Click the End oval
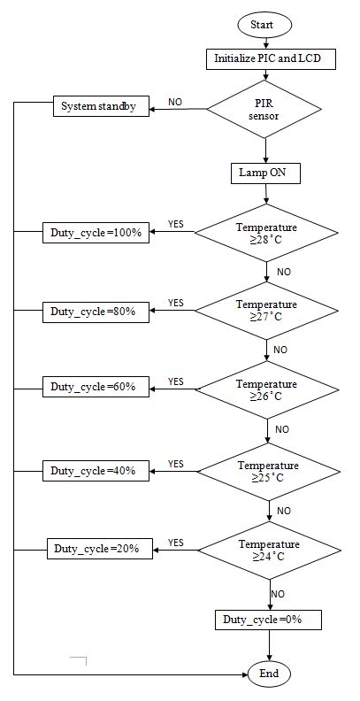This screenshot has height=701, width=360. pyautogui.click(x=269, y=674)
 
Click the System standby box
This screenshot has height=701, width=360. pyautogui.click(x=98, y=107)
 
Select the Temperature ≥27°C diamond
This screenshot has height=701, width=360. pyautogui.click(x=266, y=311)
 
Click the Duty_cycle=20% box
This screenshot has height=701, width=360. pyautogui.click(x=100, y=548)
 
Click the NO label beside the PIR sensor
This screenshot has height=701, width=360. pyautogui.click(x=175, y=103)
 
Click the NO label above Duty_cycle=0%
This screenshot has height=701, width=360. pyautogui.click(x=278, y=594)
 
